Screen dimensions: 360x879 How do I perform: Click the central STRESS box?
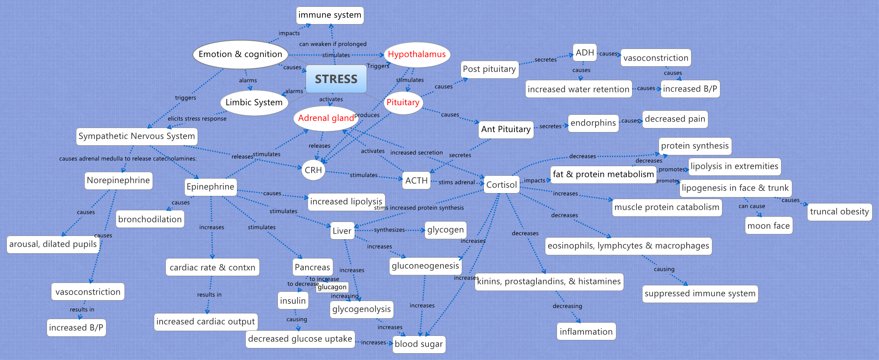[x=336, y=79]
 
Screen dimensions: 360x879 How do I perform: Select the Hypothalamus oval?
[x=417, y=55]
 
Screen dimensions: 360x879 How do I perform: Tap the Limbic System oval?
[x=254, y=103]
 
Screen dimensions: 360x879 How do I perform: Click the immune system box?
[x=330, y=15]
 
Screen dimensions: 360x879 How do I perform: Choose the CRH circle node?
[x=313, y=170]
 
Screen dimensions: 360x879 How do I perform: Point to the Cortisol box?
[x=501, y=185]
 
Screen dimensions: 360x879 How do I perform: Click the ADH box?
[x=584, y=53]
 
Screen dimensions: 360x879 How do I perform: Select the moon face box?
[x=768, y=226]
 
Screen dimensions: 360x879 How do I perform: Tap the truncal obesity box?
[x=839, y=212]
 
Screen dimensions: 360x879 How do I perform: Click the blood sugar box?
[x=418, y=344]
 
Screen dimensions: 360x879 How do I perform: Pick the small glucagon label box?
[x=332, y=287]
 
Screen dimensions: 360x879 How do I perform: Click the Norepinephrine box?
[x=118, y=180]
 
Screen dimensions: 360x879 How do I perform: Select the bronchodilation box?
[x=150, y=219]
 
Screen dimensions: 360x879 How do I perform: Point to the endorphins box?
[x=593, y=123]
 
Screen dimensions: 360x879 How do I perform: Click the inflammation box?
[x=586, y=332]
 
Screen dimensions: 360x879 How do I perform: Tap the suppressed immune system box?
[x=700, y=293]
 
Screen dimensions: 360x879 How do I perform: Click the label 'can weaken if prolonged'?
[x=332, y=44]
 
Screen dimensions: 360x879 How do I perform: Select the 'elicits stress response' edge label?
[x=197, y=119]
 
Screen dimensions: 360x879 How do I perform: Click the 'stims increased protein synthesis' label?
[x=419, y=208]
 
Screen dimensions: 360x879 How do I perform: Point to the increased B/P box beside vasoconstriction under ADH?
[x=689, y=89]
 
